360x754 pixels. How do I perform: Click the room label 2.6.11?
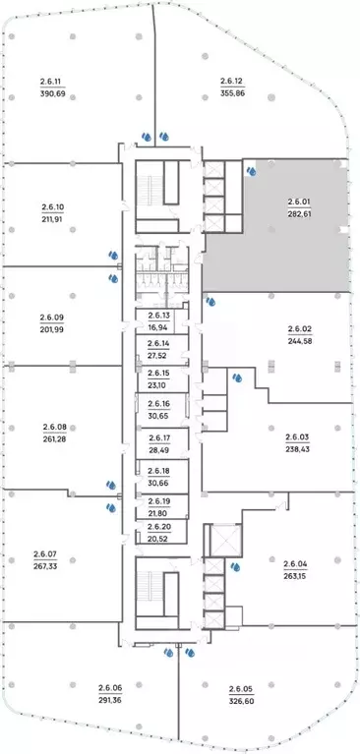[x=50, y=82]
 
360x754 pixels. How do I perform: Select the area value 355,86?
[x=233, y=93]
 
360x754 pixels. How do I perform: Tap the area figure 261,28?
[x=54, y=438]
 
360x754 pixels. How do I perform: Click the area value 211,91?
[x=52, y=219]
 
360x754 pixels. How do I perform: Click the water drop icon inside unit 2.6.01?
[x=251, y=171]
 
